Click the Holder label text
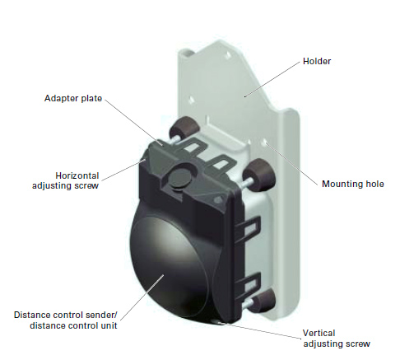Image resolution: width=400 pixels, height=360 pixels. (317, 61)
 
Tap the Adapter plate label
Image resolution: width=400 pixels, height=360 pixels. (73, 98)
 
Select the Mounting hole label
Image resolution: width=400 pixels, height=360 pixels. (352, 184)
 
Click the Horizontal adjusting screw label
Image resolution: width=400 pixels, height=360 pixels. (66, 180)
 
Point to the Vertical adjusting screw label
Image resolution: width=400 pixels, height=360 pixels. (337, 339)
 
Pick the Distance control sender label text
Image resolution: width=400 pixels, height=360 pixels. (66, 320)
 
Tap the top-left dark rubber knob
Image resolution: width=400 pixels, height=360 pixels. (184, 128)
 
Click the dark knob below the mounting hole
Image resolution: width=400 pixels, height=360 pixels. (259, 175)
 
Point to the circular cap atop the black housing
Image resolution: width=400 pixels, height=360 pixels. (179, 178)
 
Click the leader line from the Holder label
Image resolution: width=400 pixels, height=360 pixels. (272, 79)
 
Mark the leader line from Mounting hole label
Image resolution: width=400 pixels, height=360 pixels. (291, 163)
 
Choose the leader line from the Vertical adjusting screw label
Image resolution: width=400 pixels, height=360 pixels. (263, 330)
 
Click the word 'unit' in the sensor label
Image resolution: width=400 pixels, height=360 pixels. (109, 325)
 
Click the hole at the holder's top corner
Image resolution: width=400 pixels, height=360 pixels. (227, 55)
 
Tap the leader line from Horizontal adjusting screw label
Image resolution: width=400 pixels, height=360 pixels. (123, 170)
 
